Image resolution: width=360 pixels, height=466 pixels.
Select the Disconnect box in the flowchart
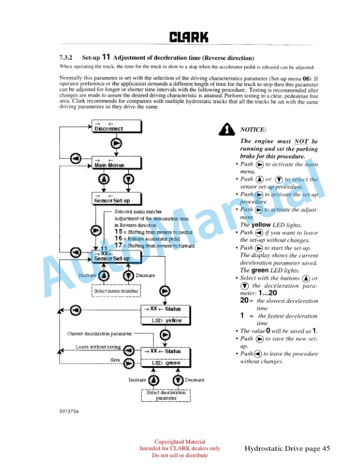point(116,127)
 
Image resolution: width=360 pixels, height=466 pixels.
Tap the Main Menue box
point(116,163)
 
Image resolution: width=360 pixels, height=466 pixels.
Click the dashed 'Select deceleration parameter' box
point(166,395)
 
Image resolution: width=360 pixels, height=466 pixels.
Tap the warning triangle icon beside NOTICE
point(225,130)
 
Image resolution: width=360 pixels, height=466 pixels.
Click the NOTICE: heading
point(254,129)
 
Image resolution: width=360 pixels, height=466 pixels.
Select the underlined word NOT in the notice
point(302,141)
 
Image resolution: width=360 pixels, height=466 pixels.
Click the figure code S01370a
point(69,411)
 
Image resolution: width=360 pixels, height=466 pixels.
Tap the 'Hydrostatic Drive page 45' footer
point(288,449)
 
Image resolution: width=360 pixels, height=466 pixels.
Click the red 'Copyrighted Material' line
point(179,442)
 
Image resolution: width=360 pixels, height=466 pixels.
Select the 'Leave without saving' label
point(98,347)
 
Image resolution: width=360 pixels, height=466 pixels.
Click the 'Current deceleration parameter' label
point(98,334)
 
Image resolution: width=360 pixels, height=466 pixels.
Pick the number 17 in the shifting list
point(118,245)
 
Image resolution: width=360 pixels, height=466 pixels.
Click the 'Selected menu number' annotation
point(138,211)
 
